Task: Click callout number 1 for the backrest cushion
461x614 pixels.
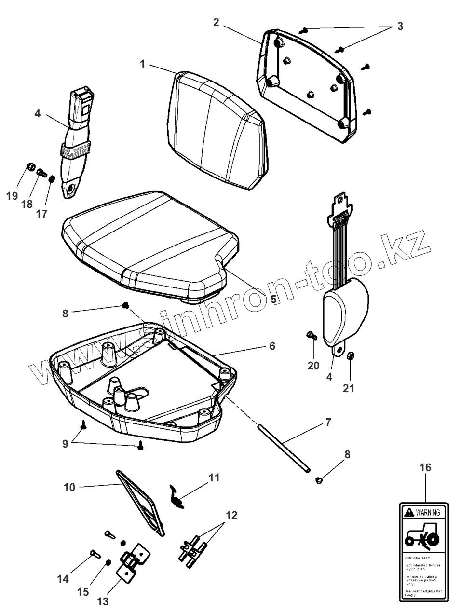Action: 142,64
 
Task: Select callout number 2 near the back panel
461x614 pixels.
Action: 216,22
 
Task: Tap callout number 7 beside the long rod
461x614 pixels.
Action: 328,422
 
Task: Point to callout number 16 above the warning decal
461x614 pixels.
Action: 425,467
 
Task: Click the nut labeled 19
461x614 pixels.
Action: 30,167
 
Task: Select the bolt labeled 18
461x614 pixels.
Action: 41,171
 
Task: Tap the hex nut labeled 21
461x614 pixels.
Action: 351,356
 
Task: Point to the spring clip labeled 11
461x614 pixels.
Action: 177,497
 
